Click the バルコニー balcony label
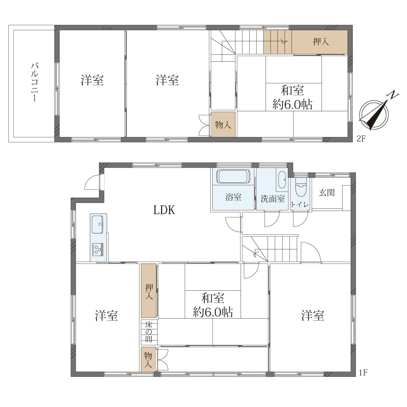point(34,82)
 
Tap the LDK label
point(164,210)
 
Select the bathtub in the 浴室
point(233,176)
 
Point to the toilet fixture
point(301,187)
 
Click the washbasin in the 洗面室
point(282,180)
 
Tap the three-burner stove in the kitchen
point(98,249)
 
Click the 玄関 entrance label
point(327,193)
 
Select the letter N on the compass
point(392,95)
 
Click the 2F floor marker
point(361,139)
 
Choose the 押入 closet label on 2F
point(321,42)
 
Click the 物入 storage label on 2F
point(223,125)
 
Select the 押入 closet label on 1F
point(149,292)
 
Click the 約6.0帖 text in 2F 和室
point(292,104)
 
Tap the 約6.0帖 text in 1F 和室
point(213,312)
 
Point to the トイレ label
point(300,205)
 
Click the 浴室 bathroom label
point(233,197)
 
